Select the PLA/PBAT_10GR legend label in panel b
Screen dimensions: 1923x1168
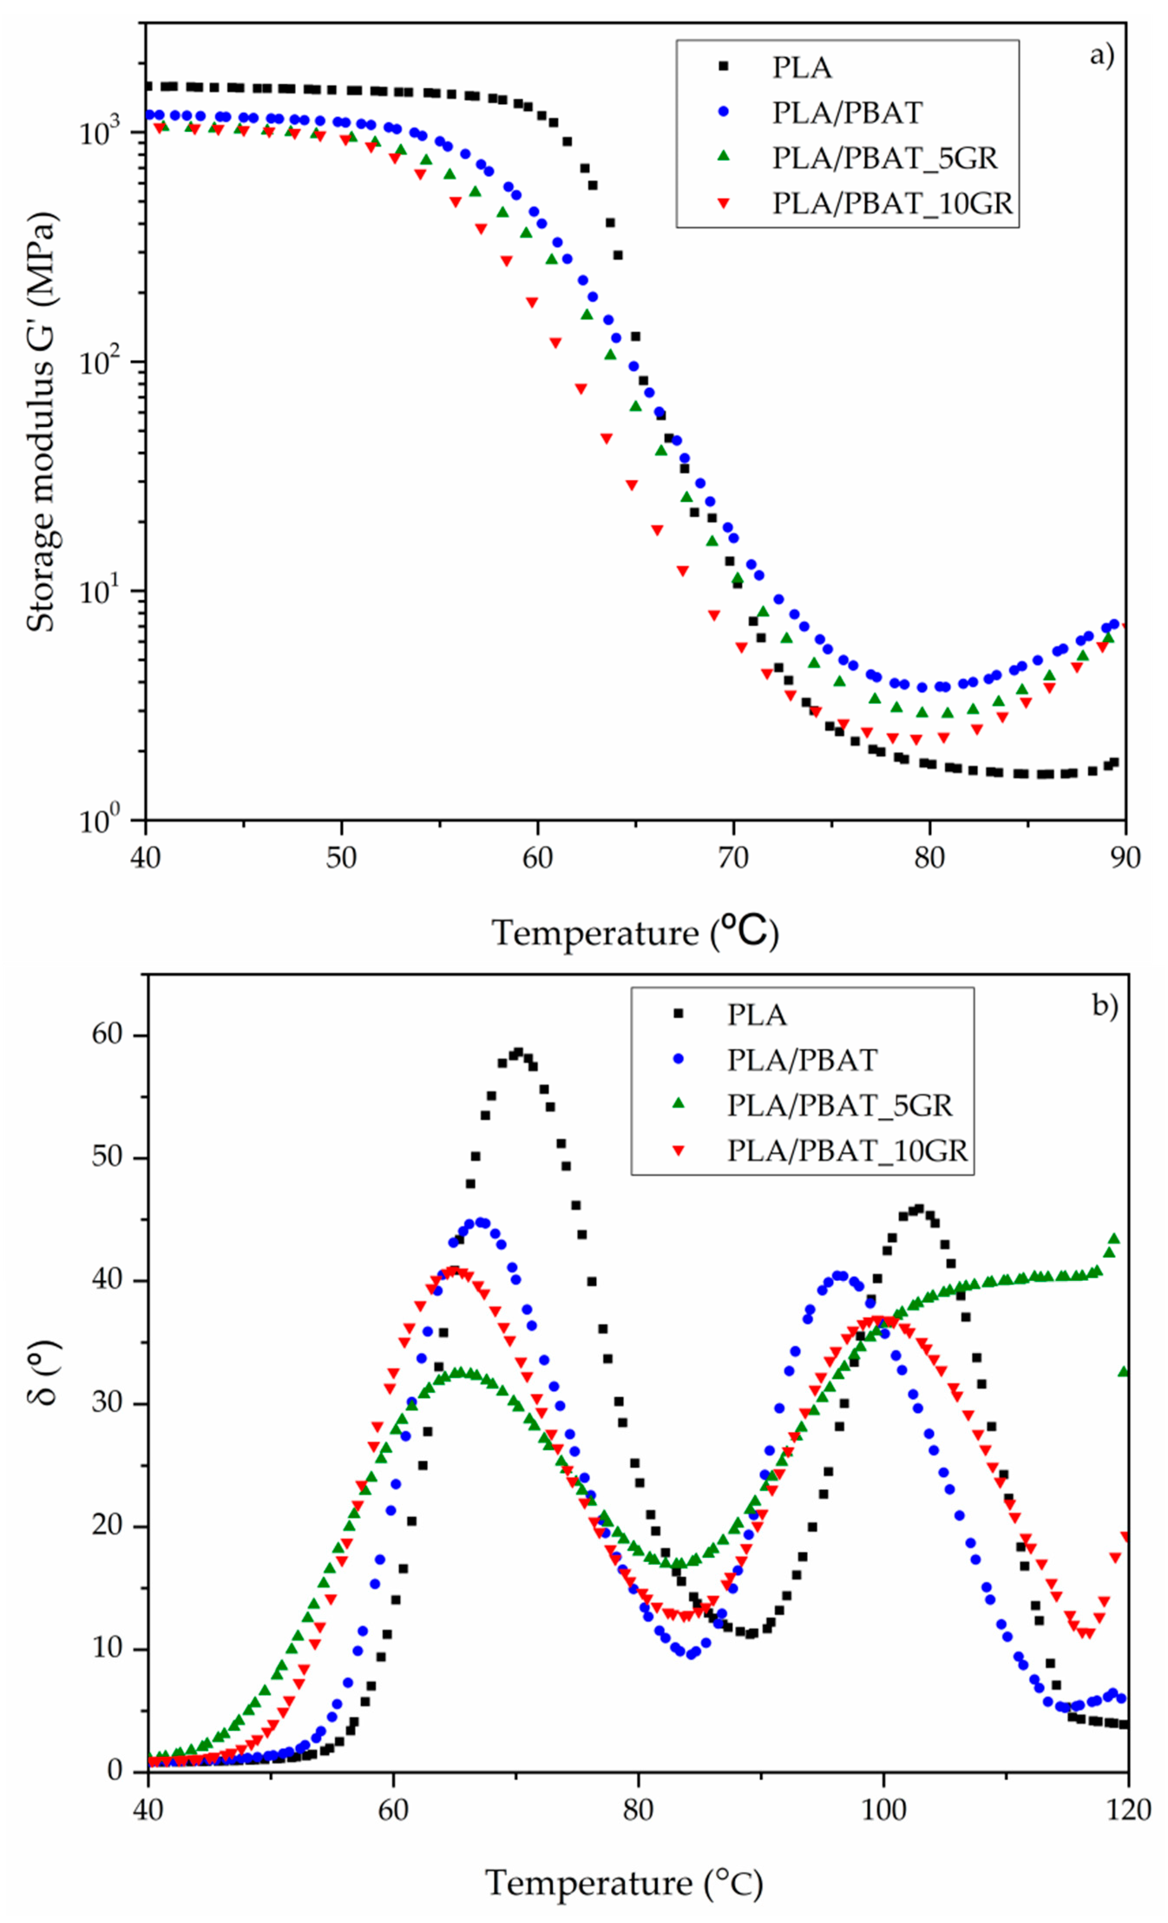(x=847, y=1150)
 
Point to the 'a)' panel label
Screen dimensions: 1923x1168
(x=1102, y=56)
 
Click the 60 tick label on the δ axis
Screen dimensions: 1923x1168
(x=108, y=1035)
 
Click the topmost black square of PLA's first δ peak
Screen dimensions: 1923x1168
(x=518, y=1052)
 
